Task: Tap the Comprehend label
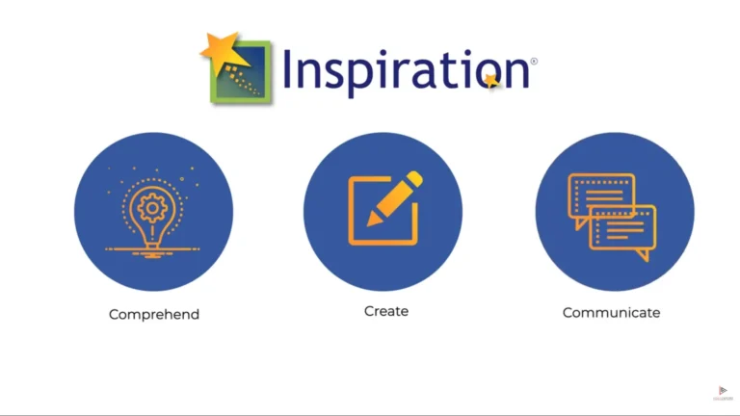pos(154,314)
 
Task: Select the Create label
pos(386,311)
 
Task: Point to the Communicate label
pos(612,312)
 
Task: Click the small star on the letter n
pos(493,81)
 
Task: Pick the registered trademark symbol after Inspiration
pos(534,61)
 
